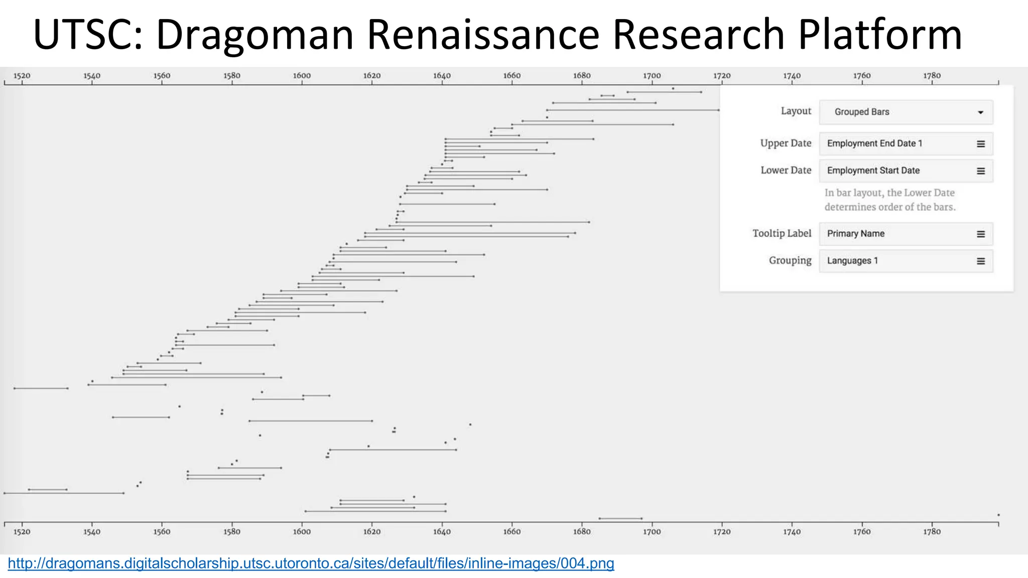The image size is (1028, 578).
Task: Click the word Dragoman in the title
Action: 255,34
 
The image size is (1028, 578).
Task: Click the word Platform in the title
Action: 880,34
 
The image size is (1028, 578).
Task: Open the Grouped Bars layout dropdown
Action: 906,112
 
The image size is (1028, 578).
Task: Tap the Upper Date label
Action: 786,143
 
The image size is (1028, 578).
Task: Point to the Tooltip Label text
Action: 782,233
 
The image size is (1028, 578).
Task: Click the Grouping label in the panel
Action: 790,260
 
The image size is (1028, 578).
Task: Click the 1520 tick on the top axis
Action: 22,76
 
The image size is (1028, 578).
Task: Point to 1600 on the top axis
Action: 302,76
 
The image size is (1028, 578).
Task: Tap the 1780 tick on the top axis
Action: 932,76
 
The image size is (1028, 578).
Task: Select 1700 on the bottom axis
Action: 652,531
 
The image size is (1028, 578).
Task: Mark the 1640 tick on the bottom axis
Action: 442,531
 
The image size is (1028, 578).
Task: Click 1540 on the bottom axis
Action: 92,531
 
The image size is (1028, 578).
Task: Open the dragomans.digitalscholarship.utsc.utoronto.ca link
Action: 311,563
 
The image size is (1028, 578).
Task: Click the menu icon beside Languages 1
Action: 980,261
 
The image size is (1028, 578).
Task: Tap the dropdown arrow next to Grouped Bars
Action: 980,112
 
